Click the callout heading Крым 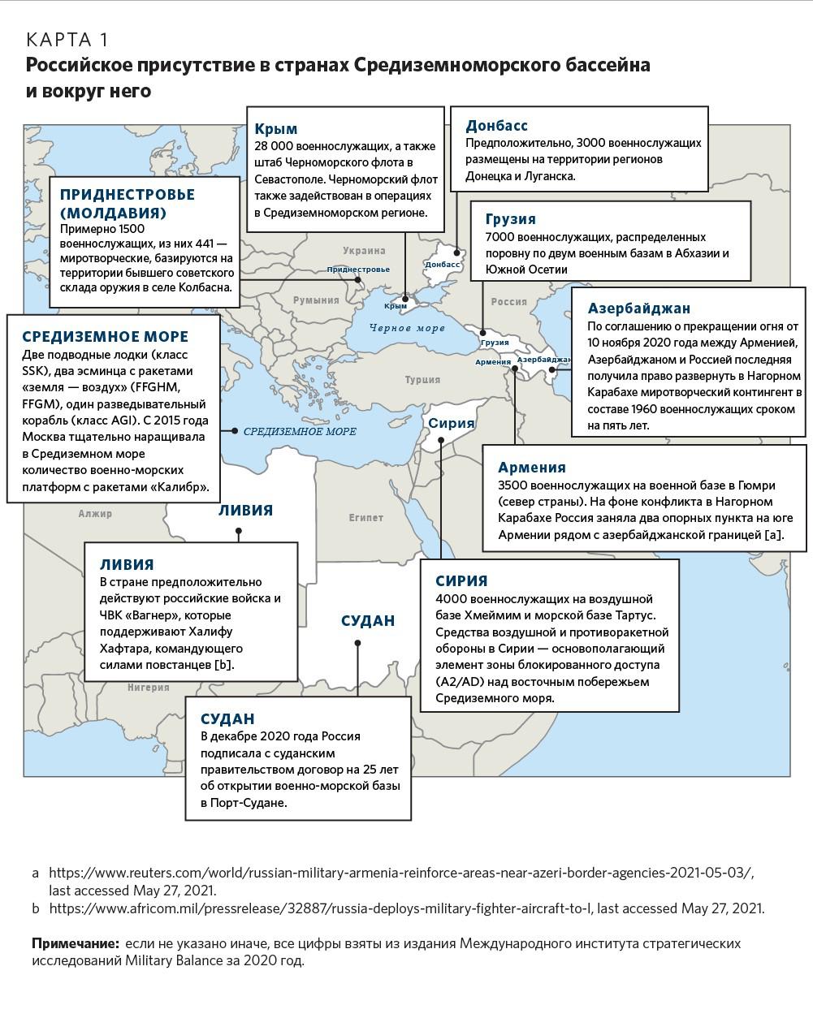click(276, 129)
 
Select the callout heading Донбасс click(496, 126)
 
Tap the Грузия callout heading click(510, 219)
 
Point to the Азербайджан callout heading click(639, 308)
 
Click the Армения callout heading click(532, 468)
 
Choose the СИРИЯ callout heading click(461, 581)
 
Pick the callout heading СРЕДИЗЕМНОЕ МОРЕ click(105, 337)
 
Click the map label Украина click(364, 251)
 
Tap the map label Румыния click(316, 300)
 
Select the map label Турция click(422, 379)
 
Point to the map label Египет click(365, 517)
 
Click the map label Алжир click(95, 513)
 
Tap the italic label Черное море click(408, 329)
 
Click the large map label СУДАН click(368, 621)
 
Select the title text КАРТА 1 click(67, 40)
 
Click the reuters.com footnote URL click(401, 873)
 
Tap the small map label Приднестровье click(358, 270)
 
